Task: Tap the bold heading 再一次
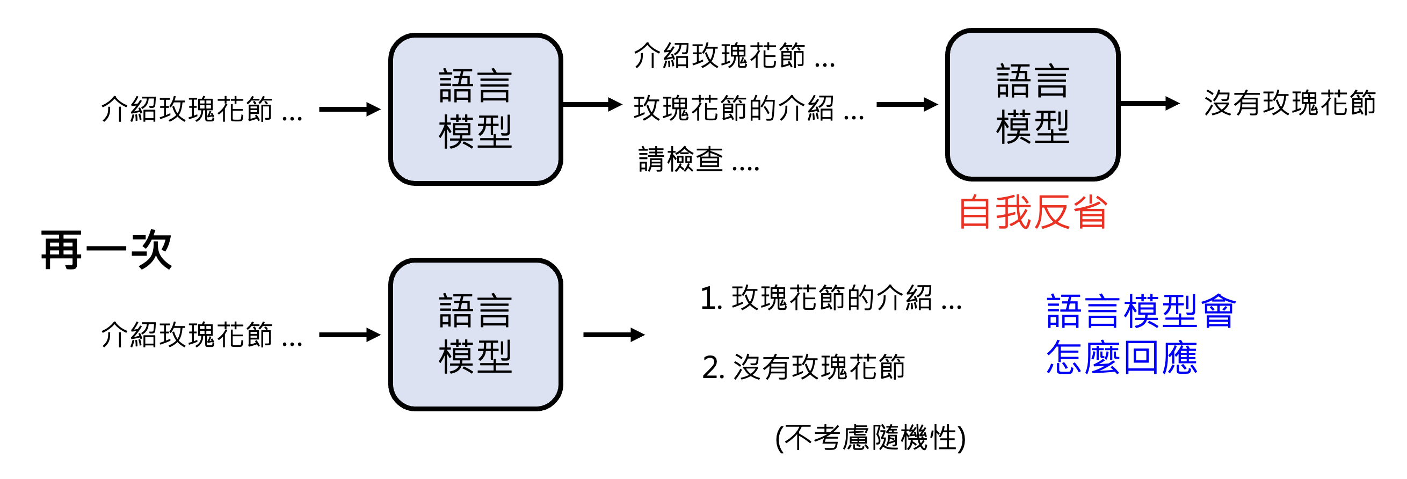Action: coord(107,250)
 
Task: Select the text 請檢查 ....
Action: coord(680,159)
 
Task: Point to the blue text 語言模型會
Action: coord(1141,311)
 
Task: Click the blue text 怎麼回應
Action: coord(1122,358)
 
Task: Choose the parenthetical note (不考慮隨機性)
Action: coord(870,438)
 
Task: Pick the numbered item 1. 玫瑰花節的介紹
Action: coord(830,298)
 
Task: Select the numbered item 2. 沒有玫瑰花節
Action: coord(803,366)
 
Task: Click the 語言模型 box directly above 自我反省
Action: coord(1032,104)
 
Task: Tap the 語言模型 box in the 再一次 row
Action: coord(475,334)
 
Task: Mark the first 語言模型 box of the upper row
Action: coord(475,109)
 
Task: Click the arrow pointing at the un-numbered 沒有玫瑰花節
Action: coord(1149,103)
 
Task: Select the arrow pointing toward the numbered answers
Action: coord(614,334)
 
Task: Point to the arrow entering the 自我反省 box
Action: coord(906,104)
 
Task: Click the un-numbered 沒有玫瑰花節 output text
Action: coord(1289,103)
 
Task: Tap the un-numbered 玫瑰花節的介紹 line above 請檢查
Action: coord(748,107)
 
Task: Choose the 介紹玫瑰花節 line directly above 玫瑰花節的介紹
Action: coord(734,56)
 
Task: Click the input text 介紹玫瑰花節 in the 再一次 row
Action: coord(201,335)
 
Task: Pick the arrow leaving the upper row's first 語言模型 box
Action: coord(592,104)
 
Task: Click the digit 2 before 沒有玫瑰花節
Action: coord(713,367)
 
